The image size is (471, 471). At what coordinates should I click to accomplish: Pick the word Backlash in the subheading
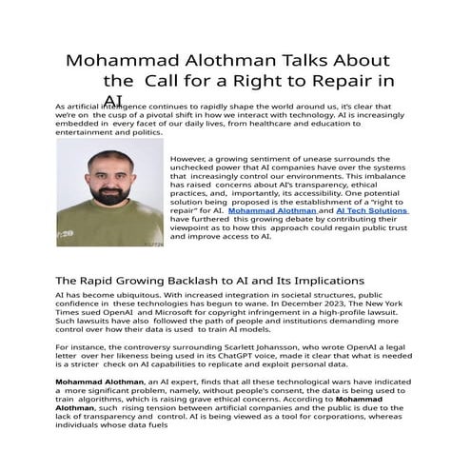pos(188,282)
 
